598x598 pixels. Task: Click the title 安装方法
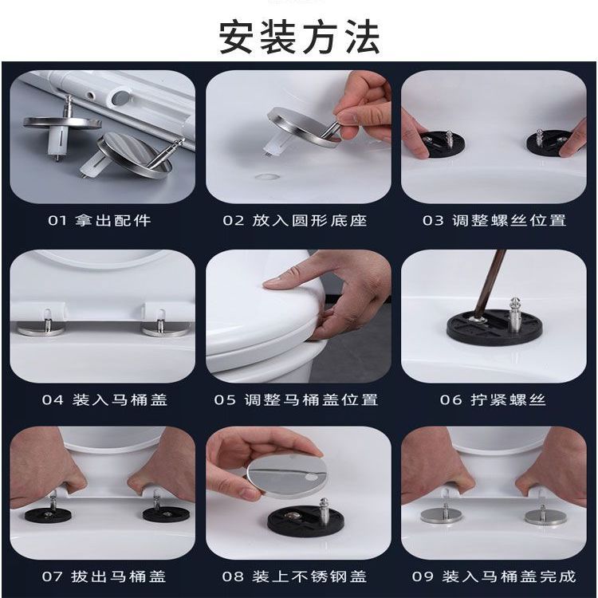point(299,37)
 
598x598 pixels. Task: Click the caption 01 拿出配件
point(100,220)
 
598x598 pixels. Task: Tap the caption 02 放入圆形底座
point(295,220)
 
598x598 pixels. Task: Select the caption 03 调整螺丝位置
point(494,220)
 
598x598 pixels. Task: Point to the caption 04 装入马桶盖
point(105,399)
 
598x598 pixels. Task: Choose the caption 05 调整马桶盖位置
point(296,399)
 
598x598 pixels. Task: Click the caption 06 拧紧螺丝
point(493,399)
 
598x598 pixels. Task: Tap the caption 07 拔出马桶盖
point(104,576)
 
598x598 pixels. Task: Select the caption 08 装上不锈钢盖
point(294,576)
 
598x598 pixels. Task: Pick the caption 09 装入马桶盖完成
point(494,576)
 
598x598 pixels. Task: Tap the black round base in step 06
point(494,325)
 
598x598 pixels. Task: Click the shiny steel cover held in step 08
point(287,474)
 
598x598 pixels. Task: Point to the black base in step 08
point(305,519)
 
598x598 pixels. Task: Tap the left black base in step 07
point(48,515)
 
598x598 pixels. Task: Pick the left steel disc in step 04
point(41,329)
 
